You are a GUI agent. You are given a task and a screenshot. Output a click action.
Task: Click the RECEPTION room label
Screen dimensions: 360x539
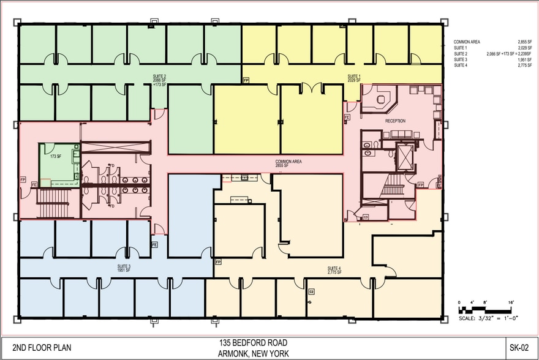coord(395,121)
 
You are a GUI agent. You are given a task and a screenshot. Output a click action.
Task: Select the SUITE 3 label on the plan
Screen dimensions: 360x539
coord(124,268)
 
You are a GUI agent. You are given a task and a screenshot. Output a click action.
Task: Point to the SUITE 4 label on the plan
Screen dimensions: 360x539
coord(334,269)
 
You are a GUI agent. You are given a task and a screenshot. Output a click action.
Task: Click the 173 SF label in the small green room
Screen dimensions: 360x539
coord(56,157)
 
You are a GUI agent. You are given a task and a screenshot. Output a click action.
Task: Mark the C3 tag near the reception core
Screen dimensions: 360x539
coord(366,217)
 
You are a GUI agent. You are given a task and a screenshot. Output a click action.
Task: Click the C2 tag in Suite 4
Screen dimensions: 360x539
coord(311,290)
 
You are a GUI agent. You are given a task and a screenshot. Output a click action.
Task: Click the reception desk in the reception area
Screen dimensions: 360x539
coord(377,101)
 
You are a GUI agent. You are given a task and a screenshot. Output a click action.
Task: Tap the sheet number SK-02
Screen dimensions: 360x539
coord(519,348)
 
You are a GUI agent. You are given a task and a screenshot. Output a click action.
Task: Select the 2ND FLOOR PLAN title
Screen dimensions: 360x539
coord(42,348)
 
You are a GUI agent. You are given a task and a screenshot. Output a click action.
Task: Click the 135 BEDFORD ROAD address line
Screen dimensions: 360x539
coord(253,343)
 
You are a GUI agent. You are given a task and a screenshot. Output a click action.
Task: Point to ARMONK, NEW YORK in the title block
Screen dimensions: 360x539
coord(253,353)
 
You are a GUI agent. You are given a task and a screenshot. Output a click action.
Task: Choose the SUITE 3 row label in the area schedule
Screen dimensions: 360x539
coord(460,60)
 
